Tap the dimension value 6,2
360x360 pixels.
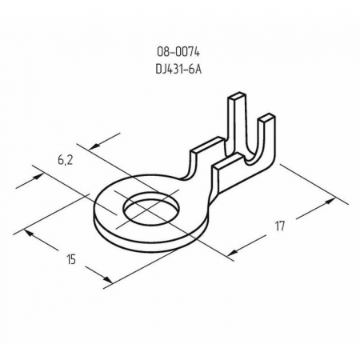(66, 161)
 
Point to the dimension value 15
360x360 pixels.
(73, 259)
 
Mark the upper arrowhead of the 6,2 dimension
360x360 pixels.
(91, 146)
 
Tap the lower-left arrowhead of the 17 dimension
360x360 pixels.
(232, 254)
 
